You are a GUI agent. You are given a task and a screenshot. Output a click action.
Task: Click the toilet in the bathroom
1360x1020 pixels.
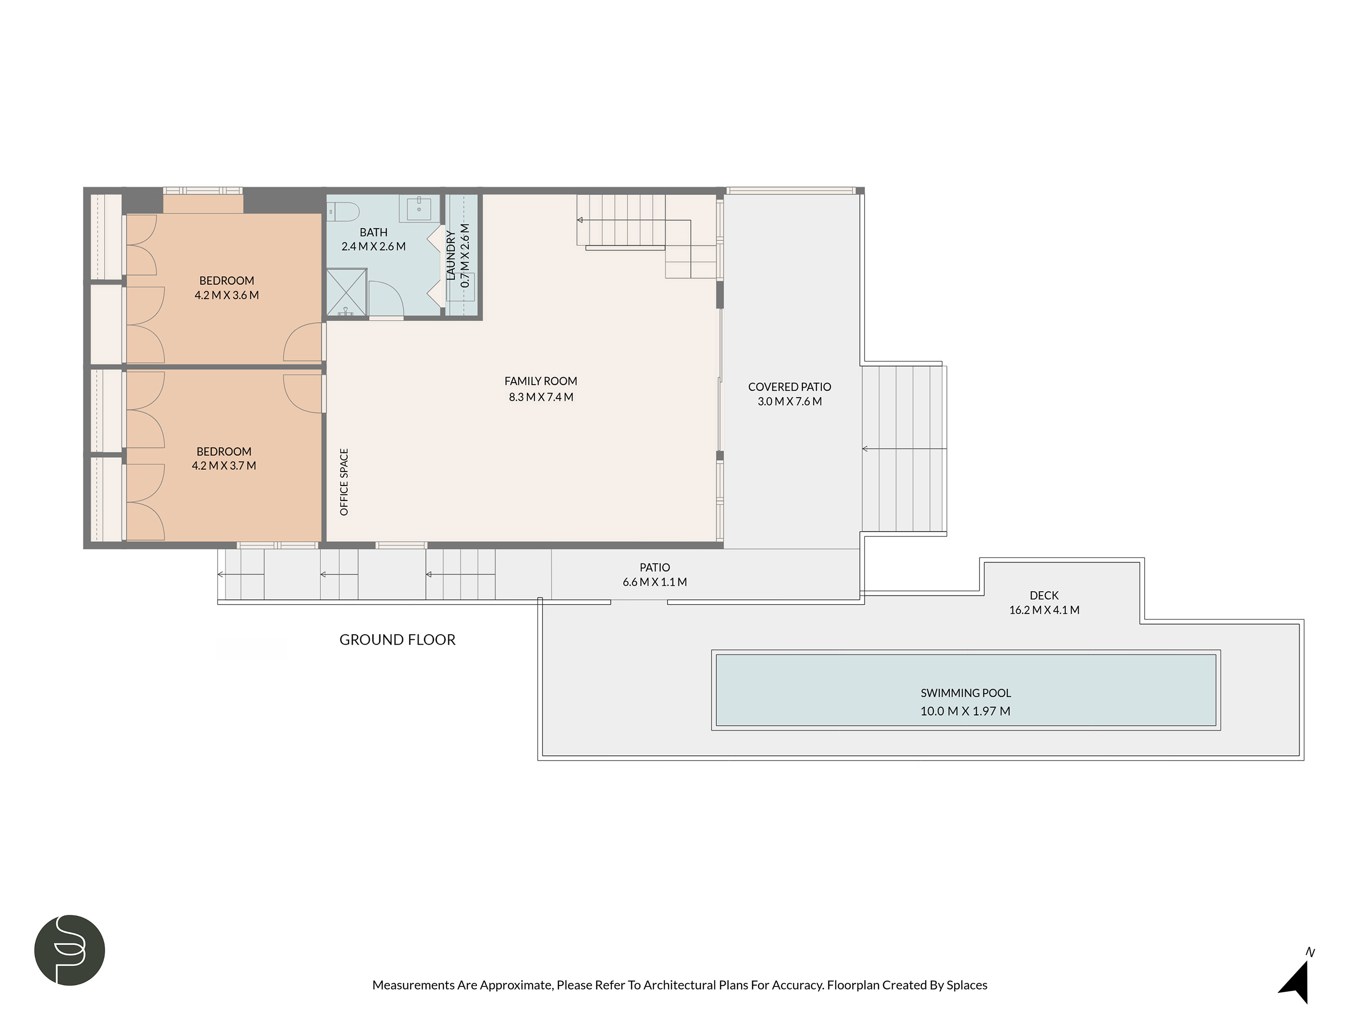coord(344,212)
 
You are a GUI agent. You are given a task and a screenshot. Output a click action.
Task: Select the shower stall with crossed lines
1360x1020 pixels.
coord(346,293)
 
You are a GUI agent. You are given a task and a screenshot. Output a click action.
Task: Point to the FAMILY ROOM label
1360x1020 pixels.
coord(540,381)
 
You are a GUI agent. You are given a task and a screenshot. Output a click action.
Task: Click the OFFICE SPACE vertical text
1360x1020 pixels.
coord(344,481)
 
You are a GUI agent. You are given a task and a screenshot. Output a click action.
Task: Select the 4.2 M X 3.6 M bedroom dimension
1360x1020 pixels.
coord(226,295)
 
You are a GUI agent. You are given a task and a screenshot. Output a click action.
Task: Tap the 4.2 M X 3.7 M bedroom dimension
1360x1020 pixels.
coord(224,466)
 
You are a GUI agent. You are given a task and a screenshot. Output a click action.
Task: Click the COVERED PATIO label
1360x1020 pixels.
coord(789,387)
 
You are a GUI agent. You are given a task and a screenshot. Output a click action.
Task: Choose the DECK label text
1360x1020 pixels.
coord(1044,595)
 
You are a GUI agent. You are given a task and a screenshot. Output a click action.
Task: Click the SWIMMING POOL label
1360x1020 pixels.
coord(965,693)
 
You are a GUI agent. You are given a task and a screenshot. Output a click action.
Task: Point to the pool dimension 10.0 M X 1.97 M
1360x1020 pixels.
coord(965,711)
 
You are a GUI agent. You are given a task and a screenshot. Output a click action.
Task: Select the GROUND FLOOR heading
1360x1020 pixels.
coord(397,639)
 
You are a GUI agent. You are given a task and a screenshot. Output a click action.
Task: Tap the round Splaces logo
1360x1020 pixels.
coord(69,950)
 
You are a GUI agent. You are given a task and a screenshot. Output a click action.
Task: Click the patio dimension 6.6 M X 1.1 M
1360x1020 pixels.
coord(654,582)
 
